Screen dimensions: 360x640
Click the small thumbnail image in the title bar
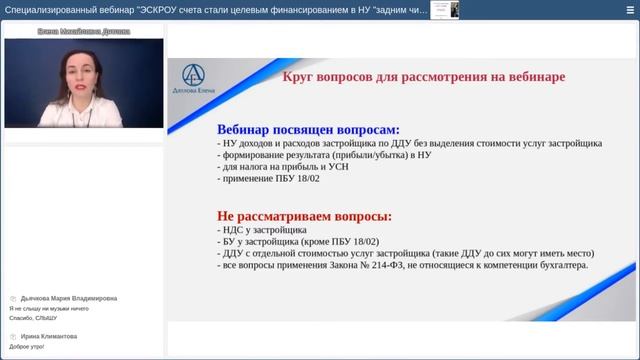point(438,9)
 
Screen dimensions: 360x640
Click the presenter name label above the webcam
point(83,32)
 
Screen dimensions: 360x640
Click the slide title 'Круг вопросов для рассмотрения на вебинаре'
point(424,76)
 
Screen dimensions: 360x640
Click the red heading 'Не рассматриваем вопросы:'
point(304,215)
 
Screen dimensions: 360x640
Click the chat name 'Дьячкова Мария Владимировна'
point(69,298)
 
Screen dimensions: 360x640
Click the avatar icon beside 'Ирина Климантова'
point(13,337)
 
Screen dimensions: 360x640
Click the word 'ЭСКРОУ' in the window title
point(158,10)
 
